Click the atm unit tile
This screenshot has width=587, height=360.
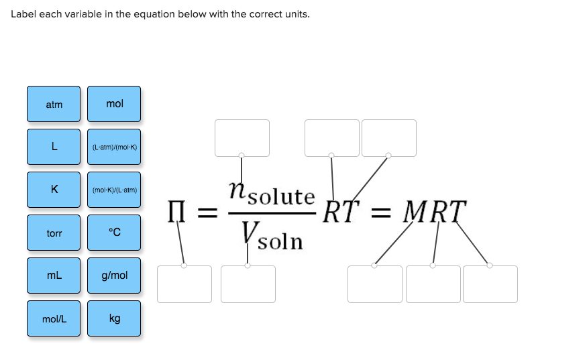pos(54,104)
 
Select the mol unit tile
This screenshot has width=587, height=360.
pos(114,104)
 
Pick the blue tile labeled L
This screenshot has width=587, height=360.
pos(54,147)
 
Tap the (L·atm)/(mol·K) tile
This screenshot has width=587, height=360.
pos(114,147)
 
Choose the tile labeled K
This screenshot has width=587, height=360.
pos(54,190)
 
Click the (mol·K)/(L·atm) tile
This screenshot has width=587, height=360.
pos(114,190)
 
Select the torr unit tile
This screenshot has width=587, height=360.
pos(54,233)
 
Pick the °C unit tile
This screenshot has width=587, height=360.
pos(114,233)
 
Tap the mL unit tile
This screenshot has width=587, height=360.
pos(54,276)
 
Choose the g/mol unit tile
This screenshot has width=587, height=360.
pos(114,276)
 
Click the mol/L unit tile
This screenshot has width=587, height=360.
pos(54,318)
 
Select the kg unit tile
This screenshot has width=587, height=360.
pos(114,318)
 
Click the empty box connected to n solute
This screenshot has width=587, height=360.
pos(242,138)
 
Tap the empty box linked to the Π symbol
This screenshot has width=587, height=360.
pos(184,284)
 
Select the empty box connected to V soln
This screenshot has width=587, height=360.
pos(248,284)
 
